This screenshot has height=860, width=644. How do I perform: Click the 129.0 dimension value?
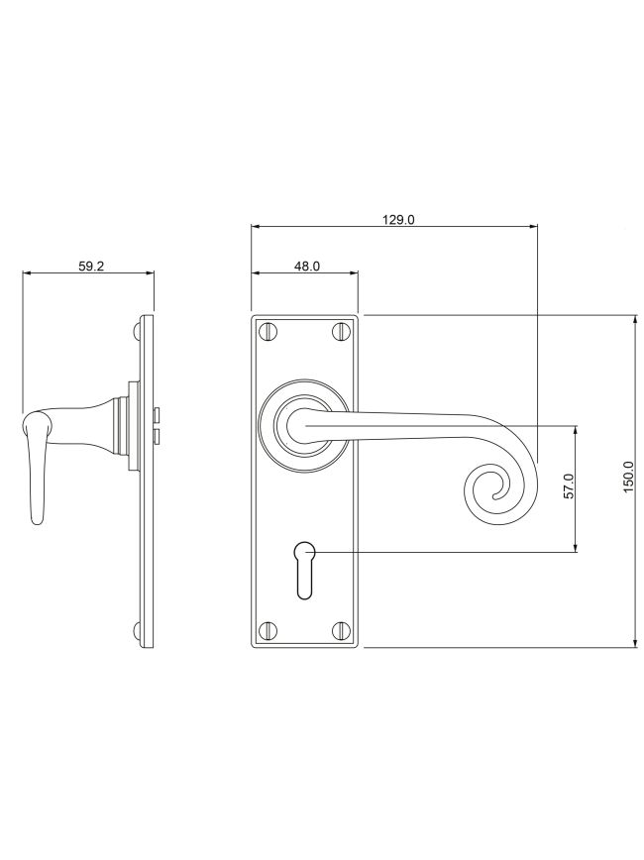click(398, 219)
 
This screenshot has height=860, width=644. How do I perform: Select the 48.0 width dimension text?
click(306, 266)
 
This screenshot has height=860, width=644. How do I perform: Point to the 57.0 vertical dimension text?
click(568, 485)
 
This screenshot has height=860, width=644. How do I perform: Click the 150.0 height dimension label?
click(629, 477)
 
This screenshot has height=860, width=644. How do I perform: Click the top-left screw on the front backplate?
click(268, 331)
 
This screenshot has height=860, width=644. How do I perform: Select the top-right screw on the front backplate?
click(340, 331)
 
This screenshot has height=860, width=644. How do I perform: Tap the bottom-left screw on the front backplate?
click(268, 630)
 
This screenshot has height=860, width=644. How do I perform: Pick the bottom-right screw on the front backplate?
click(340, 630)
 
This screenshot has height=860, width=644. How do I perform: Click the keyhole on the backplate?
click(304, 569)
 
